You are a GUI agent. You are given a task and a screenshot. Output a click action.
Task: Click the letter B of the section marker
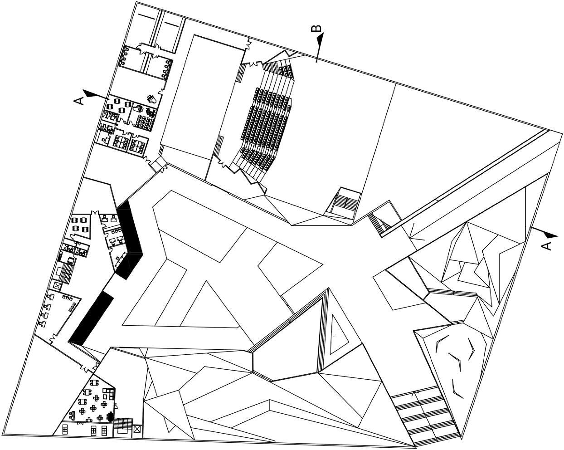[317, 28]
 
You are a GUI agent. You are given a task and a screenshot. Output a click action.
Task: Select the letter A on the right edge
[547, 245]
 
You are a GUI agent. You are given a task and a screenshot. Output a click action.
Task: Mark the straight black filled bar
[91, 318]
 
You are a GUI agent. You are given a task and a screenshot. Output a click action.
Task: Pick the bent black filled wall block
[130, 240]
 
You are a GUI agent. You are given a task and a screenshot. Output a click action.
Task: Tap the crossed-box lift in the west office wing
[57, 286]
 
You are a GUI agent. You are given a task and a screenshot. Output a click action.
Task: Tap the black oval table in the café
[110, 416]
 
